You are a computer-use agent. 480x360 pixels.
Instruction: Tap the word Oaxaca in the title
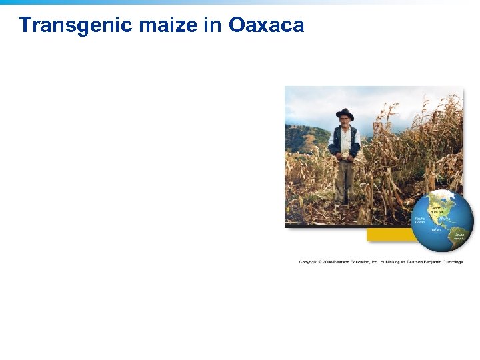click(x=266, y=25)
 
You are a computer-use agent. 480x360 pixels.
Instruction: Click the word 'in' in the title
click(x=214, y=25)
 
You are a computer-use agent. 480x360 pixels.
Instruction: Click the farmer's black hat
click(x=345, y=113)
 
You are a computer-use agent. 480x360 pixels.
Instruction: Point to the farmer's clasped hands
click(x=345, y=157)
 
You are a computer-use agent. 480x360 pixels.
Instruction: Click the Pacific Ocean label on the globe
click(x=420, y=219)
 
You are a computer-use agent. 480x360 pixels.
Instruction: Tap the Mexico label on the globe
click(x=445, y=219)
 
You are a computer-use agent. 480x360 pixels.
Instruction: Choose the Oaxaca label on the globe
click(x=435, y=229)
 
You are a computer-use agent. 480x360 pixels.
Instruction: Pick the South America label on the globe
click(x=459, y=236)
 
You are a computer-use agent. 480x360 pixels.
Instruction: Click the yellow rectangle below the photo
click(x=390, y=235)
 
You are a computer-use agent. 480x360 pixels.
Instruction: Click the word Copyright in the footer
click(x=308, y=262)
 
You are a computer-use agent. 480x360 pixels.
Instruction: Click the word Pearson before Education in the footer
click(x=345, y=262)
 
